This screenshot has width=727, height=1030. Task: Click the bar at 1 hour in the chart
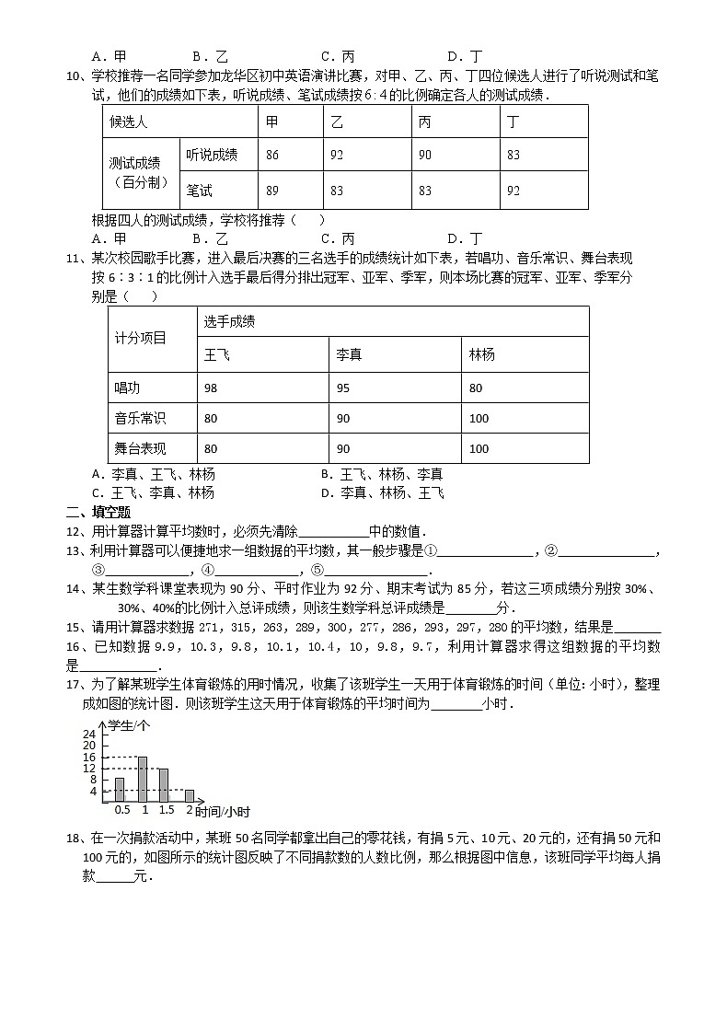143,779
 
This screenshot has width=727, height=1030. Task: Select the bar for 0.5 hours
120,790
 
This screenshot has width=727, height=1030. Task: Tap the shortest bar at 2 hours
190,795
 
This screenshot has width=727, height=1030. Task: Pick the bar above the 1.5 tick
165,785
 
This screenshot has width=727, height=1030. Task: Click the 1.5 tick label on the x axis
166,810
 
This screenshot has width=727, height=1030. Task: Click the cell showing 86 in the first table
272,155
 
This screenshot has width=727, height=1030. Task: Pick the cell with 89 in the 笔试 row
272,191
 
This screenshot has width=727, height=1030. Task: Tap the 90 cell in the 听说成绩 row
425,155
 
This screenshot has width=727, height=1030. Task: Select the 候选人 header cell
129,122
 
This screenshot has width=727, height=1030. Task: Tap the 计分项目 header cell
141,339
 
